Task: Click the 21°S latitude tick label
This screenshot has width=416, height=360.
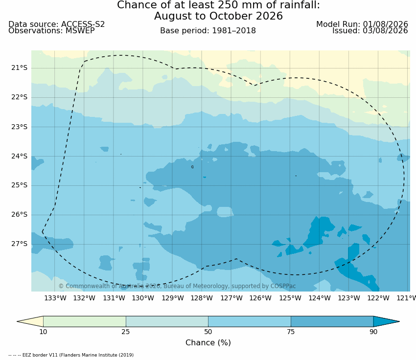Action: [19, 68]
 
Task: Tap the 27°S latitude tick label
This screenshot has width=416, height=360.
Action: [19, 244]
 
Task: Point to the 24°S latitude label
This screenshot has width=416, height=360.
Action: [19, 156]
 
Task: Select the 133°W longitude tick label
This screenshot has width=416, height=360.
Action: [55, 298]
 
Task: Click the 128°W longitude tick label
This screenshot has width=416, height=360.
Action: [202, 298]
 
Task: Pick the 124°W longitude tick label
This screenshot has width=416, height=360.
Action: [320, 298]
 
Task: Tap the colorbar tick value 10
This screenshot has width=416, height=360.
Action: [43, 332]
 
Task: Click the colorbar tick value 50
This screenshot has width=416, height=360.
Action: [208, 332]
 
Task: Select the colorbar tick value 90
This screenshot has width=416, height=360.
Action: [373, 332]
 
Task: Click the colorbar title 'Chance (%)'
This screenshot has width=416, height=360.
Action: [208, 343]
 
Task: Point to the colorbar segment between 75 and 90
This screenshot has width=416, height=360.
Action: [332, 321]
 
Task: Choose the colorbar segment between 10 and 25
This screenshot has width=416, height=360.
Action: [85, 321]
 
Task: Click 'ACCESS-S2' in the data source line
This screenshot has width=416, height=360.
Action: [83, 24]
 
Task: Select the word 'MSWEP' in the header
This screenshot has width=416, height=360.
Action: [80, 31]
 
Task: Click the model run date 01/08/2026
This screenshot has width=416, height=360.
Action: [386, 24]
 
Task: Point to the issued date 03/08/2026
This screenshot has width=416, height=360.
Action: [386, 31]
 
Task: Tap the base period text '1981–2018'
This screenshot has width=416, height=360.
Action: [234, 31]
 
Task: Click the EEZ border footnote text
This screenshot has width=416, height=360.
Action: [71, 355]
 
